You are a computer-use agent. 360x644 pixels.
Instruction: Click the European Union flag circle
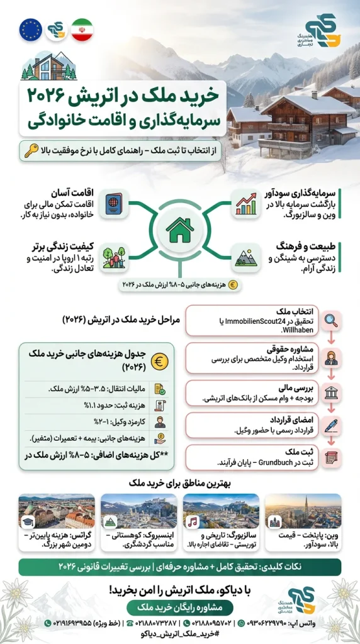(x=31, y=30)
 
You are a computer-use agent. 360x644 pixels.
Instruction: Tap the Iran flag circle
(x=81, y=30)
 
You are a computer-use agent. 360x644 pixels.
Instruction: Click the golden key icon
(x=31, y=151)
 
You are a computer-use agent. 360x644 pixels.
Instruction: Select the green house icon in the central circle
(x=179, y=230)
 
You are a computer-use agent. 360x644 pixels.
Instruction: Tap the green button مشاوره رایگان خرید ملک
(x=179, y=607)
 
